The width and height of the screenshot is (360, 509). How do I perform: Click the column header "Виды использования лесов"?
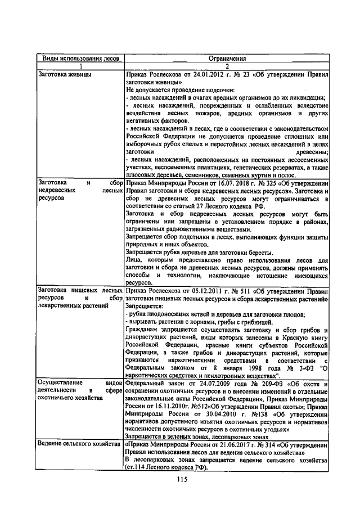pyautogui.click(x=79, y=58)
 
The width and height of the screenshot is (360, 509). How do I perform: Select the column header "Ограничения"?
pyautogui.click(x=227, y=58)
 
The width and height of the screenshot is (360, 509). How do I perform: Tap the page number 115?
pyautogui.click(x=181, y=480)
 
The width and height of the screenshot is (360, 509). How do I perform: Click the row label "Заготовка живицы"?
pyautogui.click(x=62, y=74)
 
